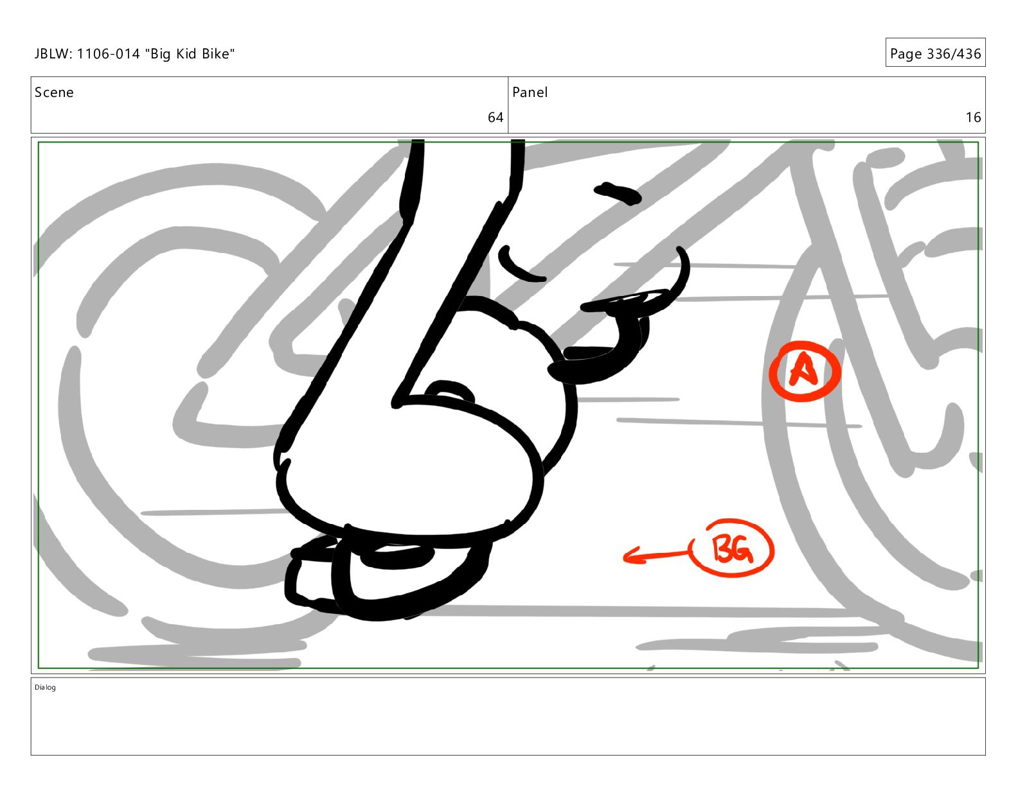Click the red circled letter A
click(x=805, y=371)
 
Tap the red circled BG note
click(x=733, y=548)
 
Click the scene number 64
click(x=495, y=117)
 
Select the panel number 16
click(x=973, y=117)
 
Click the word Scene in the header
click(x=54, y=92)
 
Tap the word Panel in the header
click(x=530, y=92)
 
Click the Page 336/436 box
click(x=935, y=53)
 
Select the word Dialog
click(x=45, y=687)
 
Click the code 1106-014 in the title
click(x=108, y=54)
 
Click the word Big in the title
click(x=161, y=55)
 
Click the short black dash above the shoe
click(x=618, y=193)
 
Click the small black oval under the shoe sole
click(x=397, y=557)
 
